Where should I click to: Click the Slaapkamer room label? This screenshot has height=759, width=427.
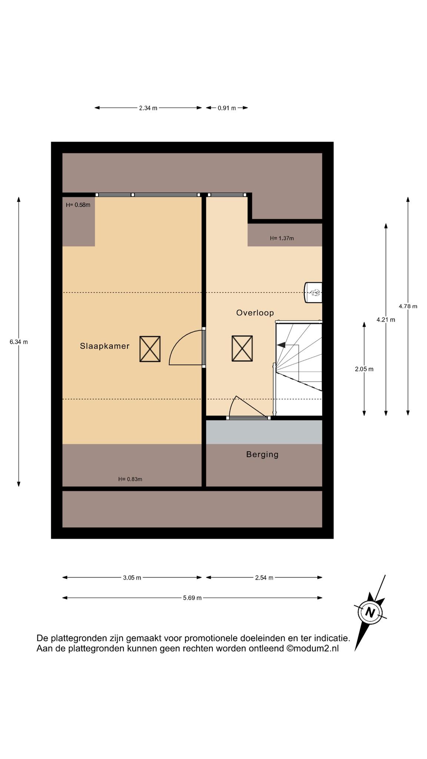pos(105,346)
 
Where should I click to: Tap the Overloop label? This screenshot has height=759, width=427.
pos(255,313)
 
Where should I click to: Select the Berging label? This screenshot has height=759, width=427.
pos(262,454)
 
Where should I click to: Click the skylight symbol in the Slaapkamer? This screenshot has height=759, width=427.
pos(150,349)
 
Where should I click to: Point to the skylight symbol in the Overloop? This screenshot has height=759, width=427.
pos(242,348)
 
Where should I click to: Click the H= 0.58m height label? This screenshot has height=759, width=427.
pos(78,205)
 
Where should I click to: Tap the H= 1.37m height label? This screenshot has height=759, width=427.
pos(282,238)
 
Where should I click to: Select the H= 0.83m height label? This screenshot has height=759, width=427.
pos(130,479)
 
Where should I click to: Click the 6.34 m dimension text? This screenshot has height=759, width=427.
pos(19,342)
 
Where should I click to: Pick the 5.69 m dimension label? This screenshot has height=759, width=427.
pos(192,598)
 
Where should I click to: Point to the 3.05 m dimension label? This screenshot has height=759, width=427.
pos(132,578)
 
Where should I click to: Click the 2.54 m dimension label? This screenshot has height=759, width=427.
pos(264,578)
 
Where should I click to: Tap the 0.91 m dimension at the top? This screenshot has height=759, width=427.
pos(227,108)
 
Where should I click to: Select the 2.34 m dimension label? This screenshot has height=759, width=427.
pos(148,108)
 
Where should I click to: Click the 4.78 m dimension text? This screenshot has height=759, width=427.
pos(408,306)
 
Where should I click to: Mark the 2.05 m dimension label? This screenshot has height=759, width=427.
pos(364,369)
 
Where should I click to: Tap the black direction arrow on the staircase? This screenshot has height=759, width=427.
pos(281,345)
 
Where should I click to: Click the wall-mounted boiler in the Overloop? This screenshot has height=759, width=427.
pos(313,292)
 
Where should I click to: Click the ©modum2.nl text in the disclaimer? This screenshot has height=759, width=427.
pos(312,648)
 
